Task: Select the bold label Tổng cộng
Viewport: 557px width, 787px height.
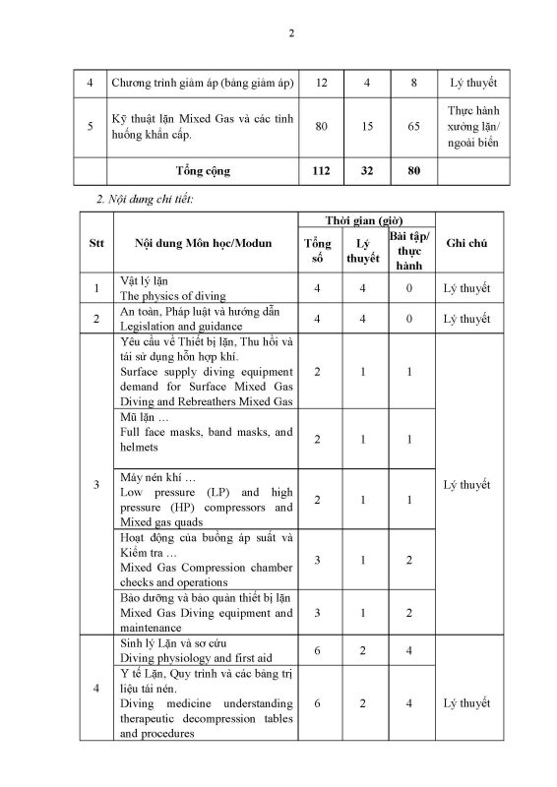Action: point(203,170)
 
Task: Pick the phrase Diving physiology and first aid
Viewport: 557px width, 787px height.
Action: point(190,652)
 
